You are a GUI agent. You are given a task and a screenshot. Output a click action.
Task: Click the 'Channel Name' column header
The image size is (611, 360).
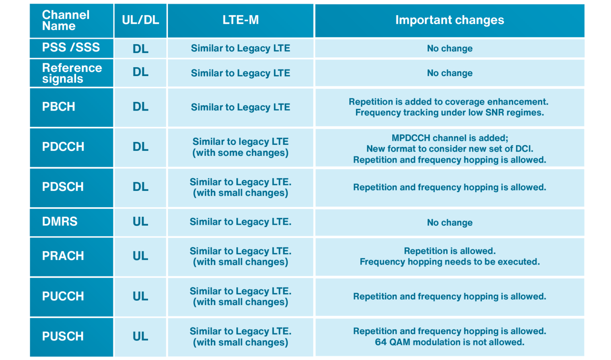pyautogui.click(x=66, y=20)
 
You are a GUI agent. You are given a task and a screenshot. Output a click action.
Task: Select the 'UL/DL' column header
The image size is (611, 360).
pyautogui.click(x=140, y=20)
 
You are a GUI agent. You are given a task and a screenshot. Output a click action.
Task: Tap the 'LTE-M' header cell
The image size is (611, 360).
pyautogui.click(x=240, y=20)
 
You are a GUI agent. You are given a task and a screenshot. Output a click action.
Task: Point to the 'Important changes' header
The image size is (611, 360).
pyautogui.click(x=449, y=20)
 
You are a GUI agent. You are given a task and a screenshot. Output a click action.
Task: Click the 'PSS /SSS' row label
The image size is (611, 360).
pyautogui.click(x=71, y=47)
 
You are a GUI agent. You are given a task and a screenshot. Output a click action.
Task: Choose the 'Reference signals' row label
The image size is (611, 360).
pyautogui.click(x=72, y=73)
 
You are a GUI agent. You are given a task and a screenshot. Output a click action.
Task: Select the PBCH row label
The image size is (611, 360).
pyautogui.click(x=58, y=107)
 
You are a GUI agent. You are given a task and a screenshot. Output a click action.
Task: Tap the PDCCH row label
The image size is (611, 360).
pyautogui.click(x=63, y=147)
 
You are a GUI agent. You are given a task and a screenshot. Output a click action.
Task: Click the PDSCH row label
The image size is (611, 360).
pyautogui.click(x=63, y=187)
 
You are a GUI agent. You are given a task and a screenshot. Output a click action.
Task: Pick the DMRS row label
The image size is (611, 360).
pyautogui.click(x=60, y=222)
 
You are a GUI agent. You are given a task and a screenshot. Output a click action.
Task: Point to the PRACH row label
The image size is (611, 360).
pyautogui.click(x=63, y=256)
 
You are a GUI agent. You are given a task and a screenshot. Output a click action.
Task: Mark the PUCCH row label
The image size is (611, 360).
pyautogui.click(x=63, y=296)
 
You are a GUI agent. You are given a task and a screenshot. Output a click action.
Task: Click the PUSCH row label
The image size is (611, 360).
pyautogui.click(x=63, y=337)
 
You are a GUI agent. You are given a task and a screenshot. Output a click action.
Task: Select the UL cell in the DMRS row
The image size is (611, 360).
pyautogui.click(x=140, y=222)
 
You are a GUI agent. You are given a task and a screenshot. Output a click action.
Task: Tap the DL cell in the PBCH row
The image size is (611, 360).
pyautogui.click(x=140, y=107)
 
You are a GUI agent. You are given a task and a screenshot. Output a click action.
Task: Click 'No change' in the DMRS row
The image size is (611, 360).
pyautogui.click(x=449, y=223)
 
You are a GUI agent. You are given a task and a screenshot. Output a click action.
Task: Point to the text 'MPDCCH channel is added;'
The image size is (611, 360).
pyautogui.click(x=449, y=138)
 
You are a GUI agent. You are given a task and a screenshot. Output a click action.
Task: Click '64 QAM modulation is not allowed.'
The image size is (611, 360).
pyautogui.click(x=449, y=342)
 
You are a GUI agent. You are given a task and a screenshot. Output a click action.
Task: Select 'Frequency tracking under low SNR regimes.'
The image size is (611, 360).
pyautogui.click(x=449, y=113)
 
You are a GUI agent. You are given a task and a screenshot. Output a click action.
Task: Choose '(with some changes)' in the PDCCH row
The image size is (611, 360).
pyautogui.click(x=240, y=153)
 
